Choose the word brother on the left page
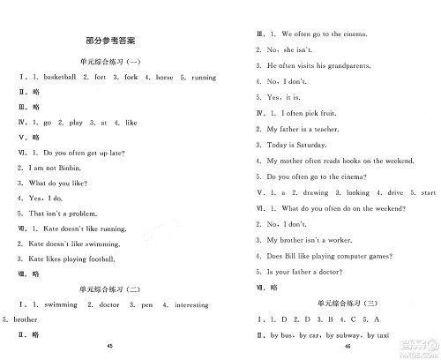click(x=26, y=319)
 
